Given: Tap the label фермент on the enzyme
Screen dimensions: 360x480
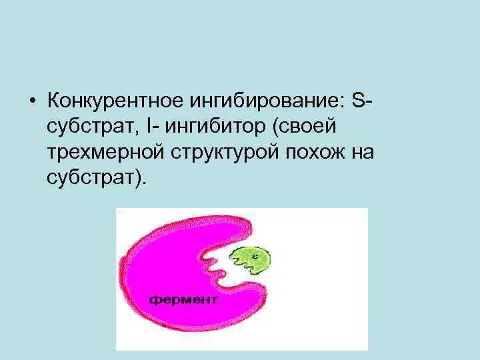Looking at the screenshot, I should point(183,299).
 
